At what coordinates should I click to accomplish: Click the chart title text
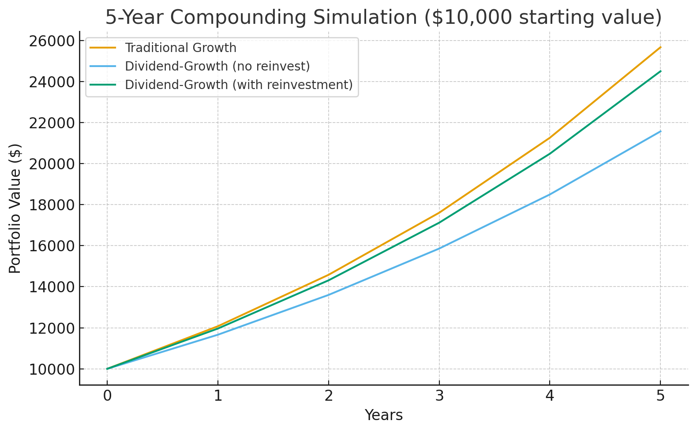point(383,18)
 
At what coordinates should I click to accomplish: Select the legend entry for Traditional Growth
point(180,48)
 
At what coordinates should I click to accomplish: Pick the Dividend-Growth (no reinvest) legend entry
point(217,66)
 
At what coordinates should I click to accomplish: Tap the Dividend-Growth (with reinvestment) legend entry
point(239,85)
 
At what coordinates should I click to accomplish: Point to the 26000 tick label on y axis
point(50,41)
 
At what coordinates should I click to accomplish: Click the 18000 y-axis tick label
point(50,205)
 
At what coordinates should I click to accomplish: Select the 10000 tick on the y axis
point(50,369)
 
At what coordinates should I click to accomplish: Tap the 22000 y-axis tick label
point(50,123)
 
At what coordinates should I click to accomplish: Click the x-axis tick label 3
point(439,396)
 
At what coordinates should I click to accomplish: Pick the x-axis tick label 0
point(107,396)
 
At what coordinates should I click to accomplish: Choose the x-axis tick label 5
point(660,396)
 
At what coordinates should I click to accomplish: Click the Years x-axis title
point(383,415)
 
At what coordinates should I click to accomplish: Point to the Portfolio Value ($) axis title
point(15,208)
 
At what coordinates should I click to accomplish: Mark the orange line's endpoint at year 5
point(660,47)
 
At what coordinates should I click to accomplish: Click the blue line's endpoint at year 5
point(660,131)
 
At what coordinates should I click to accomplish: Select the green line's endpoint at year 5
point(660,71)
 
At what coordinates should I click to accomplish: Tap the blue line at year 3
point(439,249)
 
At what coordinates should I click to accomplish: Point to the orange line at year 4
point(550,138)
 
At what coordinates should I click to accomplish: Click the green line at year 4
point(550,153)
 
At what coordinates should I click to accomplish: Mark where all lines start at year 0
point(107,369)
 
